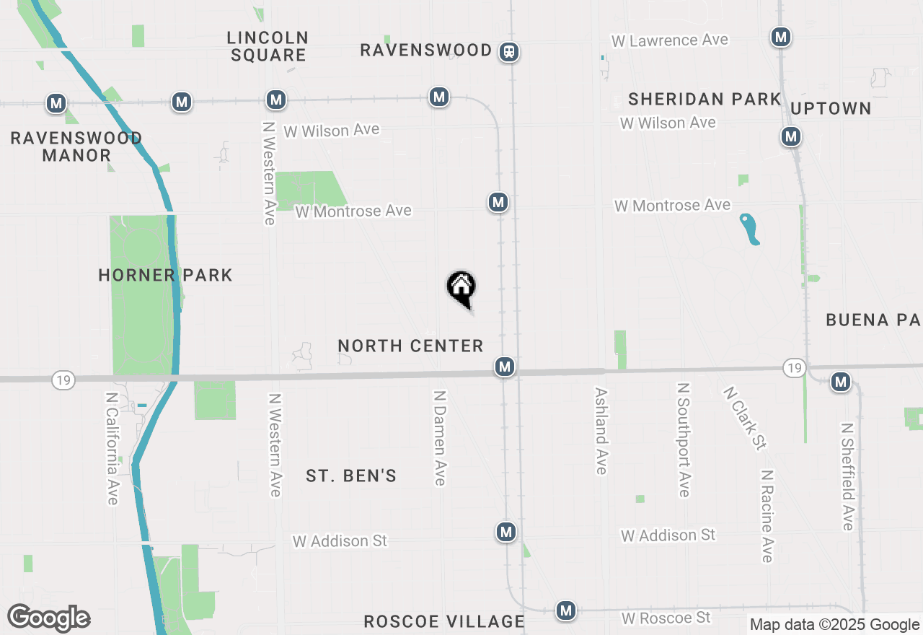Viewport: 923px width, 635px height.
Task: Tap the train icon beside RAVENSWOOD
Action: click(x=510, y=52)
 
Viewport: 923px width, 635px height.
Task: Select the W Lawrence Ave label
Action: click(x=670, y=40)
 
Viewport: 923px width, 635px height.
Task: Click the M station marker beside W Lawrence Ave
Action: click(x=780, y=37)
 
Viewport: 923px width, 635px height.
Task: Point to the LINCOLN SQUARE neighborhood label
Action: click(x=268, y=46)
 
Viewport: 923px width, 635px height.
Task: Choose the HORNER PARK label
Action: click(x=165, y=275)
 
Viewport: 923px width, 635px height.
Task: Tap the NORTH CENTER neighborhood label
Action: click(x=410, y=346)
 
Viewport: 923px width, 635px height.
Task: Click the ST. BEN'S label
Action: click(x=351, y=476)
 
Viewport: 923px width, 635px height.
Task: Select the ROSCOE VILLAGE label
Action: click(x=443, y=621)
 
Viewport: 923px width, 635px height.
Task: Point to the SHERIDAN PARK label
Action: click(x=705, y=99)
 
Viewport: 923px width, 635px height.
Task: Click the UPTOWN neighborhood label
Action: click(x=831, y=108)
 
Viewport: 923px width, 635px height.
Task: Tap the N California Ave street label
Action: click(x=112, y=448)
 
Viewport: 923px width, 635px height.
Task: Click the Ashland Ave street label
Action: click(x=601, y=431)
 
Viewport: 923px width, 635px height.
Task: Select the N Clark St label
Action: click(x=744, y=418)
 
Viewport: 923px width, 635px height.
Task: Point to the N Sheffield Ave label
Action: click(x=847, y=476)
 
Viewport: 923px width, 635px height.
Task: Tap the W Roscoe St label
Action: click(x=666, y=618)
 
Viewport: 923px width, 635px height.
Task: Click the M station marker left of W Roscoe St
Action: click(x=566, y=611)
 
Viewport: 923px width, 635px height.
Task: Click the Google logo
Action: click(x=49, y=618)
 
